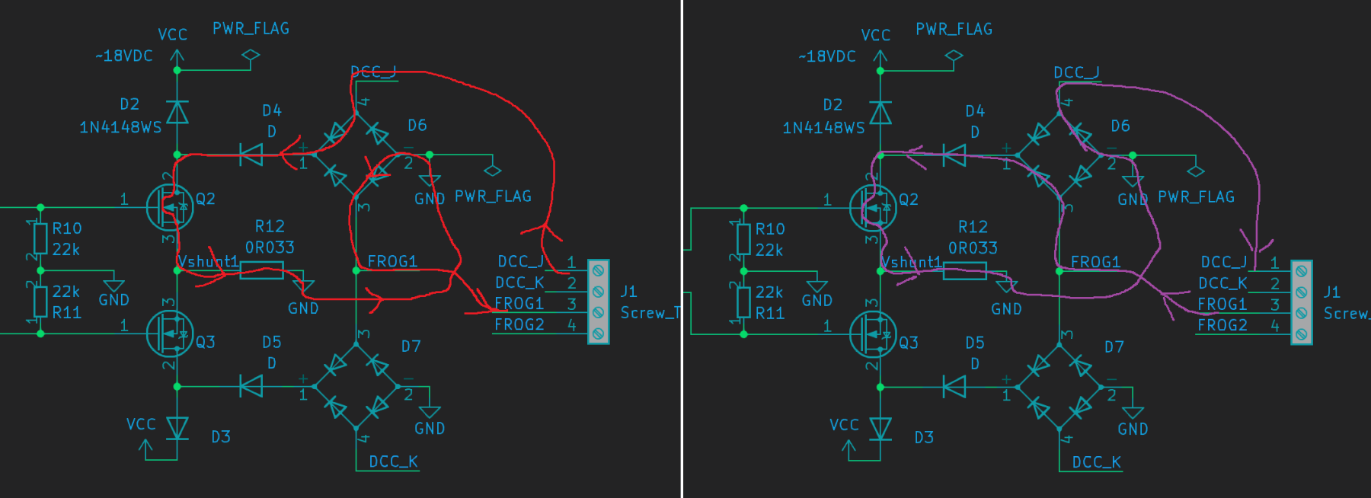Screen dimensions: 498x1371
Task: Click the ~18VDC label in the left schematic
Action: [x=124, y=56]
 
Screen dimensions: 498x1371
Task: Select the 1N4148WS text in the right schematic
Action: [x=823, y=128]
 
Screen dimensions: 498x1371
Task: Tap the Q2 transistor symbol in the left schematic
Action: [x=170, y=207]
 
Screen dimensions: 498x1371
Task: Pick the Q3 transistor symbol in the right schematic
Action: [x=873, y=334]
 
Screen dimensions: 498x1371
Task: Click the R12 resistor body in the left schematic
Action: [x=261, y=270]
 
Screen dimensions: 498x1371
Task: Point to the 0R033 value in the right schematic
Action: [x=973, y=248]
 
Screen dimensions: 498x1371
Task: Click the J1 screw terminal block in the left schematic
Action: [x=599, y=302]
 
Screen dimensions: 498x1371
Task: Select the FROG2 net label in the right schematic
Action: [x=1222, y=325]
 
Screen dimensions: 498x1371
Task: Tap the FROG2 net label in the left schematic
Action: [x=519, y=324]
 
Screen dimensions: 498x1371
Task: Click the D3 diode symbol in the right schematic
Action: [x=880, y=429]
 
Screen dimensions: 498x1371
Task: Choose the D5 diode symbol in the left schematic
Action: [x=251, y=387]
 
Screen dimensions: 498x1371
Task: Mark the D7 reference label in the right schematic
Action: [x=1114, y=347]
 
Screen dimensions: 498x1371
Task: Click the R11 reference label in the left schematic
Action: [x=66, y=312]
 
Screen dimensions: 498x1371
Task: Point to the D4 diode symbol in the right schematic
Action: [x=954, y=156]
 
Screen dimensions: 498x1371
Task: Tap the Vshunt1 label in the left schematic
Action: [x=208, y=261]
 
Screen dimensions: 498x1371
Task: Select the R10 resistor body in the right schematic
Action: [x=743, y=239]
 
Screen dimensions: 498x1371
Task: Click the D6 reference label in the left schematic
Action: [x=417, y=125]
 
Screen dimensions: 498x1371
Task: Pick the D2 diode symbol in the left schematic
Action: [x=177, y=113]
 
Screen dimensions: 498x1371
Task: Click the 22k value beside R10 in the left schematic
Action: [x=66, y=250]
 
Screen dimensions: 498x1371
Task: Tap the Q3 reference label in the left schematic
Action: [x=205, y=342]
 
